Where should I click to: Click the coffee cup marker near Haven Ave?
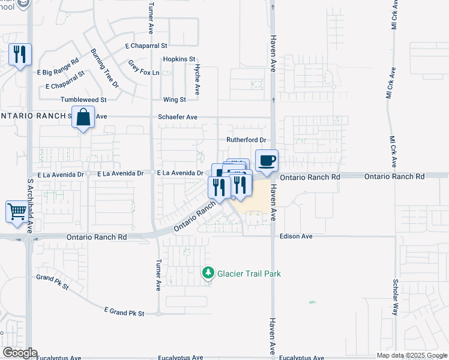click(x=267, y=161)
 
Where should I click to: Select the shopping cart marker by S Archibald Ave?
click(x=17, y=211)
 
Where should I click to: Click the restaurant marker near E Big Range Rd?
click(x=20, y=55)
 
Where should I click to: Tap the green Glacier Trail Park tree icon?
click(x=208, y=274)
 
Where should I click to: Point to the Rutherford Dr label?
click(x=246, y=140)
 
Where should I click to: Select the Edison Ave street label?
click(x=296, y=236)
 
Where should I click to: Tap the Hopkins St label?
click(x=179, y=59)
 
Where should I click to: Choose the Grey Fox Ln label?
click(x=144, y=68)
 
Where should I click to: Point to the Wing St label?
click(x=175, y=100)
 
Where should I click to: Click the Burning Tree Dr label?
click(x=105, y=69)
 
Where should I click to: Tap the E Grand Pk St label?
click(x=124, y=312)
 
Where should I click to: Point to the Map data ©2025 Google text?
click(x=412, y=355)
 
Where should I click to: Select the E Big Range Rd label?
click(x=58, y=67)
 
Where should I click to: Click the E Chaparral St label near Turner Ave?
click(x=146, y=45)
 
